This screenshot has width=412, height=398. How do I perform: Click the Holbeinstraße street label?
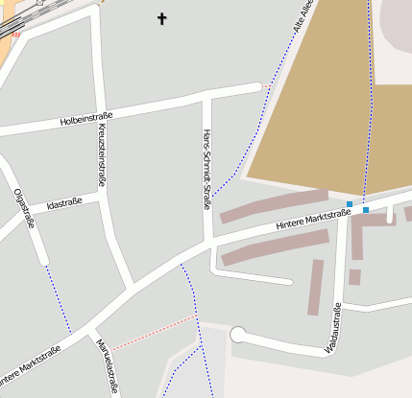click(86, 119)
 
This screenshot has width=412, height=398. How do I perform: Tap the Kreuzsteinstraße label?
click(102, 154)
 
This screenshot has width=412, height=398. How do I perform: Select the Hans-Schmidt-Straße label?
click(206, 170)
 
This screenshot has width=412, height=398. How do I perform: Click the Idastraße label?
click(63, 203)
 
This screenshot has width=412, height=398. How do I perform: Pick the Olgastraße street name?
click(24, 209)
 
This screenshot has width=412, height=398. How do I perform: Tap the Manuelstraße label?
click(107, 367)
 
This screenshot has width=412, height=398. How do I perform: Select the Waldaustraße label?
click(332, 329)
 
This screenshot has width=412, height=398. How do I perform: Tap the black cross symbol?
click(161, 17)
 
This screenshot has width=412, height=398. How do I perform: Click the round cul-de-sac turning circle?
click(238, 335)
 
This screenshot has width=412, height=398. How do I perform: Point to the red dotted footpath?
click(154, 332)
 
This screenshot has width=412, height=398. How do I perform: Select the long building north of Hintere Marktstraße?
click(274, 205)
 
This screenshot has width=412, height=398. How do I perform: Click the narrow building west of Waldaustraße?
click(315, 287)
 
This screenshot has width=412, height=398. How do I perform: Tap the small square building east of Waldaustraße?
click(354, 277)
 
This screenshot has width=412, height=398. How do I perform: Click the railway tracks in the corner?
click(12, 24)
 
